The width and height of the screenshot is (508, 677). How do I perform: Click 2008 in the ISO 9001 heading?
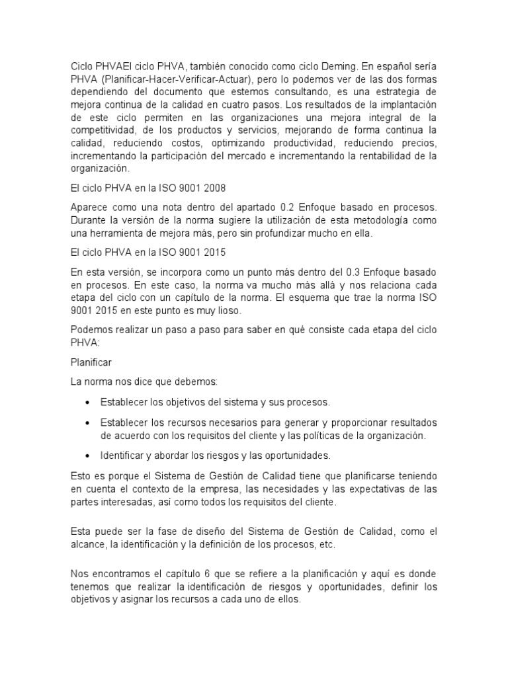point(216,188)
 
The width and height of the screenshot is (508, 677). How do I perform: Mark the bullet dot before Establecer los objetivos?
point(87,402)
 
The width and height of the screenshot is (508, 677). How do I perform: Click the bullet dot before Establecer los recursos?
point(87,422)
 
